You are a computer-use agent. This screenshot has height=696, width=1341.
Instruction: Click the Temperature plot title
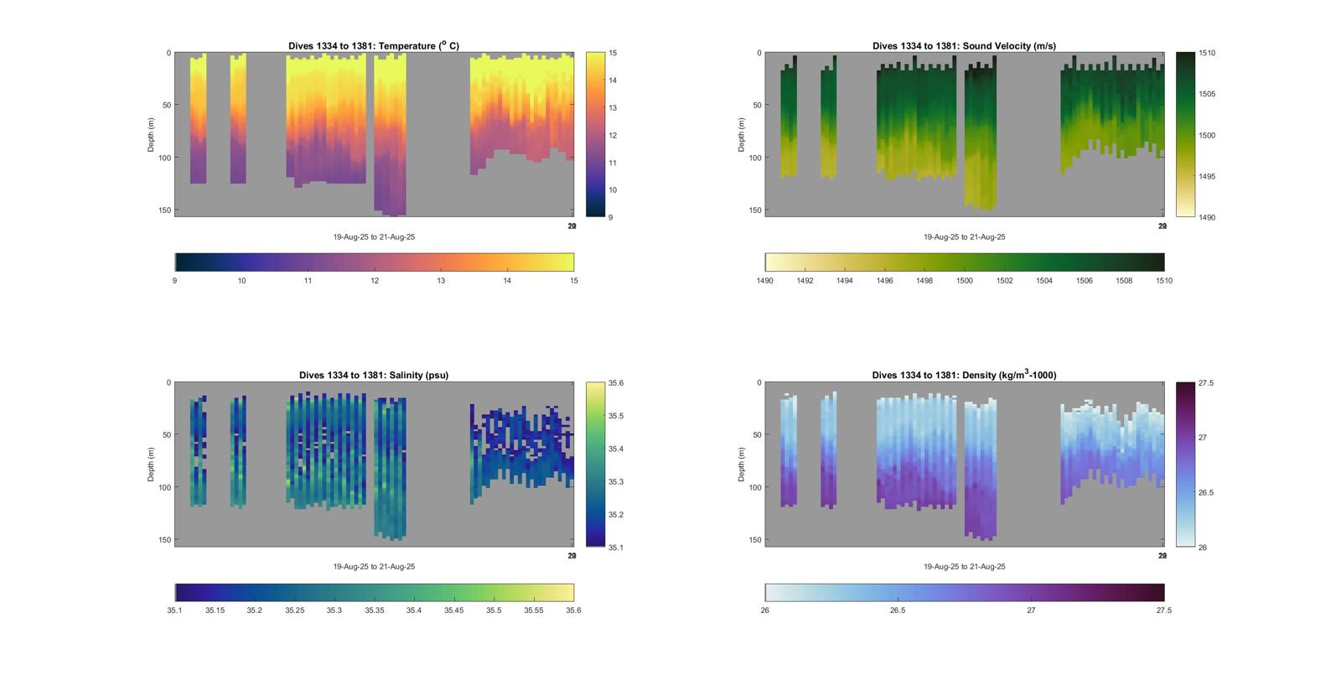[x=374, y=46]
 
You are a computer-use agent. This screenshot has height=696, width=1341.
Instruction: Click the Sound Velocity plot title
[x=964, y=46]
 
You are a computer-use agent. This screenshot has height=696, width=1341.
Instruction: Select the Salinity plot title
[x=374, y=376]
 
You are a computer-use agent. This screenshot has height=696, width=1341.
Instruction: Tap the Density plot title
[x=964, y=376]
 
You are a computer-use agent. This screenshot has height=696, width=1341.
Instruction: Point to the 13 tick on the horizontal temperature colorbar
[x=441, y=281]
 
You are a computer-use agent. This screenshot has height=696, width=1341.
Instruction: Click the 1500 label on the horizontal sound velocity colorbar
[x=964, y=281]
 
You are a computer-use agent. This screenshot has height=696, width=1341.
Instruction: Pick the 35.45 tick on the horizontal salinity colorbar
[x=453, y=610]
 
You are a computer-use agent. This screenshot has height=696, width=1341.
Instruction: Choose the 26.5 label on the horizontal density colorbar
[x=898, y=610]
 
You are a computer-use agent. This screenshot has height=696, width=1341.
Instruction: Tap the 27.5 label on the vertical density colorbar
[x=1206, y=383]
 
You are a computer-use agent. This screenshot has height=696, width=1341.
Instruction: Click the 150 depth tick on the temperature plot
[x=165, y=210]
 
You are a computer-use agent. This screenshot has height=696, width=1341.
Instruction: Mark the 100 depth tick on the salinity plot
[x=165, y=487]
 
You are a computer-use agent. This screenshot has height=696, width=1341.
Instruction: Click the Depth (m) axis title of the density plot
[x=742, y=465]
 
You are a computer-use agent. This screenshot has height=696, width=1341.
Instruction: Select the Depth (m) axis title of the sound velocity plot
[x=742, y=135]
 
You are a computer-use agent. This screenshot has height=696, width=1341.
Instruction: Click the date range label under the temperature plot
[x=374, y=237]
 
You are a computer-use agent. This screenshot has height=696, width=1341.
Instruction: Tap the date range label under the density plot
[x=964, y=567]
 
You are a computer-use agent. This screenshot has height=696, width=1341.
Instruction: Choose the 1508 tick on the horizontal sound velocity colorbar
[x=1124, y=281]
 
